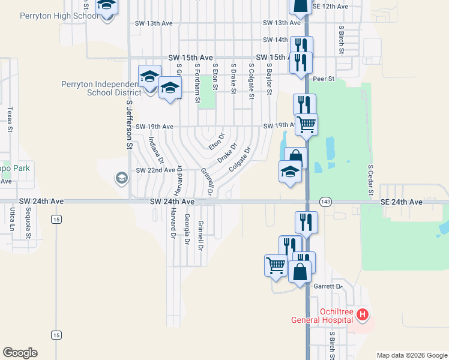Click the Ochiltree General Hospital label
pos(322,316)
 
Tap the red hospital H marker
pos(362,314)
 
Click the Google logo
pos(20,353)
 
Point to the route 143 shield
pos(325,202)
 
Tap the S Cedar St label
pos(370,178)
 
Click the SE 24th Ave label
pos(402,203)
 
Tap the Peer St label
pos(323,79)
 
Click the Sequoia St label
pos(28,223)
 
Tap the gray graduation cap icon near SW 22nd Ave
pos(121,178)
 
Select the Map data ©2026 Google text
pos(412,355)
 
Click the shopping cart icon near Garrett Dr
pos(276,264)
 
